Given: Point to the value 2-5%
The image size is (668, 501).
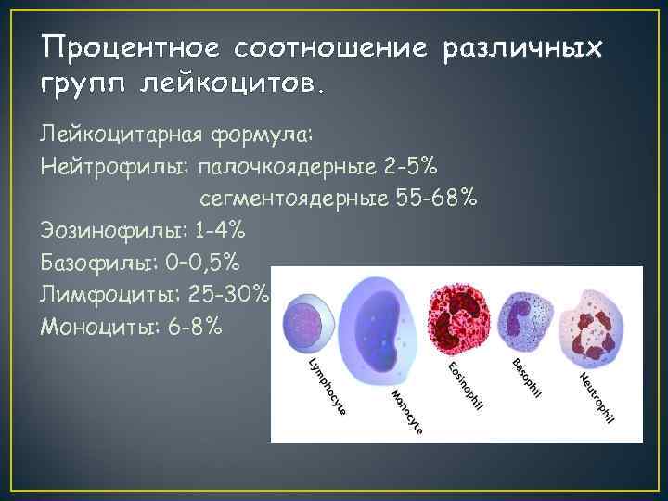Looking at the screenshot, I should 413,166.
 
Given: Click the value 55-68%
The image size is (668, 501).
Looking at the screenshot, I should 441,198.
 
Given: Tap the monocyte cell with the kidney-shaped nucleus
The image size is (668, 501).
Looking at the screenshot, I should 377,321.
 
